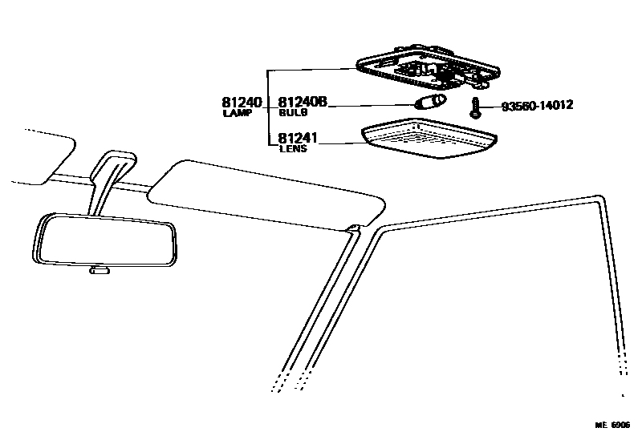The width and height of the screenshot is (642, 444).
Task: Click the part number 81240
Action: [x=242, y=103]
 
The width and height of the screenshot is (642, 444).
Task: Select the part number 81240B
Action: [x=303, y=103]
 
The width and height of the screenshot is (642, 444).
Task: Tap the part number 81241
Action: [x=298, y=139]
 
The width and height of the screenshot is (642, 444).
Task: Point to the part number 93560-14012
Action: [x=537, y=106]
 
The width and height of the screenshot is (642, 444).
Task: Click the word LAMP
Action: [x=238, y=114]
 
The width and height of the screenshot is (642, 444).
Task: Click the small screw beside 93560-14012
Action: [x=477, y=107]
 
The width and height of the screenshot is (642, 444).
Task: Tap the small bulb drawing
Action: [x=428, y=102]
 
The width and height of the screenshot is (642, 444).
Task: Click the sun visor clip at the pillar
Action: [x=351, y=231]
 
